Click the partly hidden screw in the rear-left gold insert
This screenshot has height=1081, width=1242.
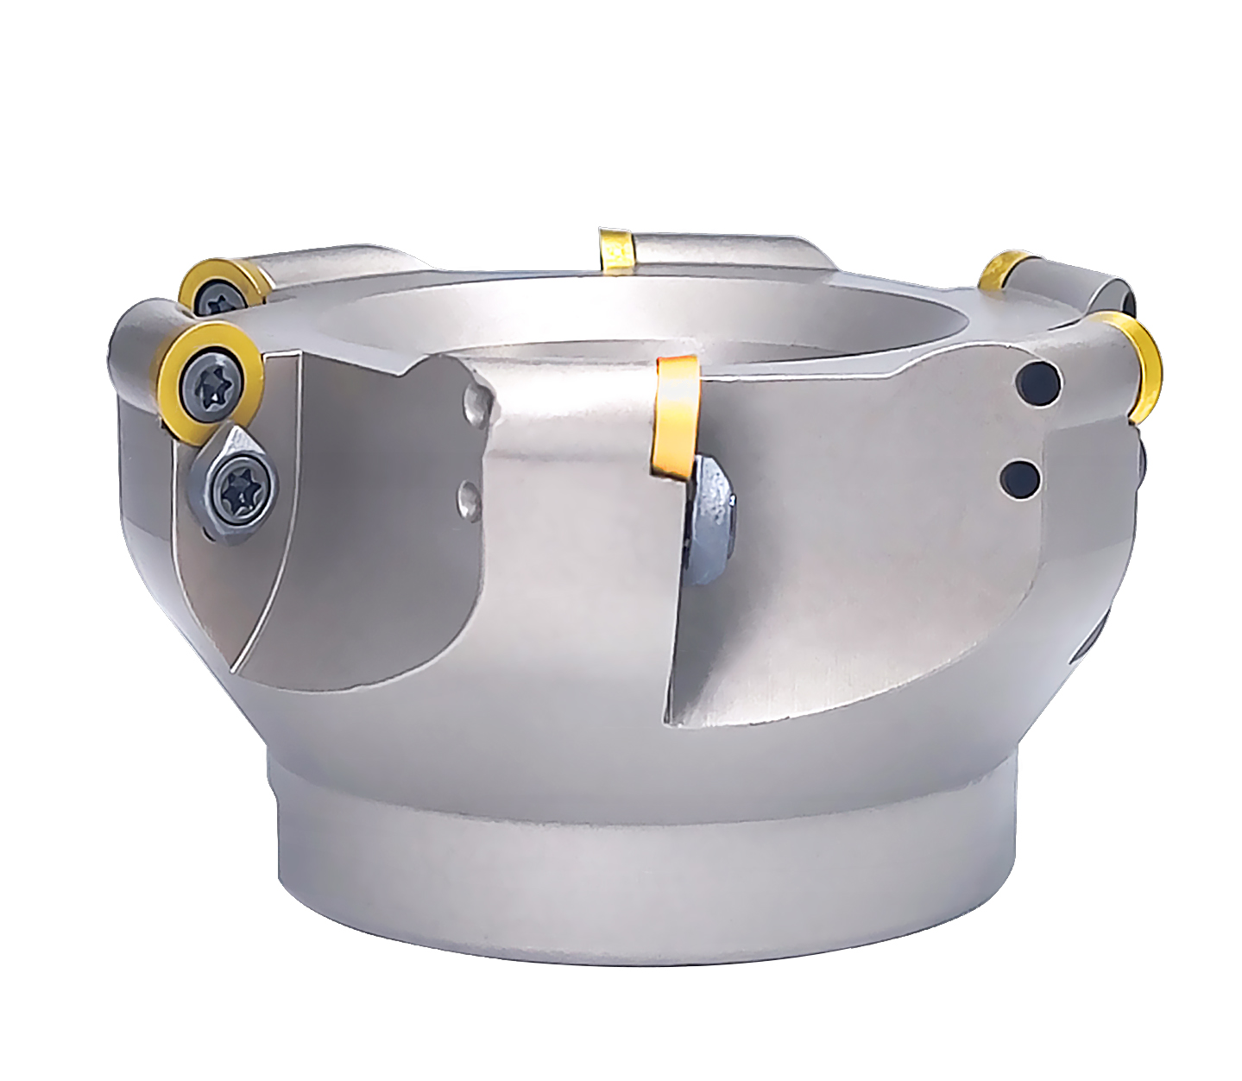222,300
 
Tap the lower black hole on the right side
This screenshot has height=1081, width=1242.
1022,477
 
